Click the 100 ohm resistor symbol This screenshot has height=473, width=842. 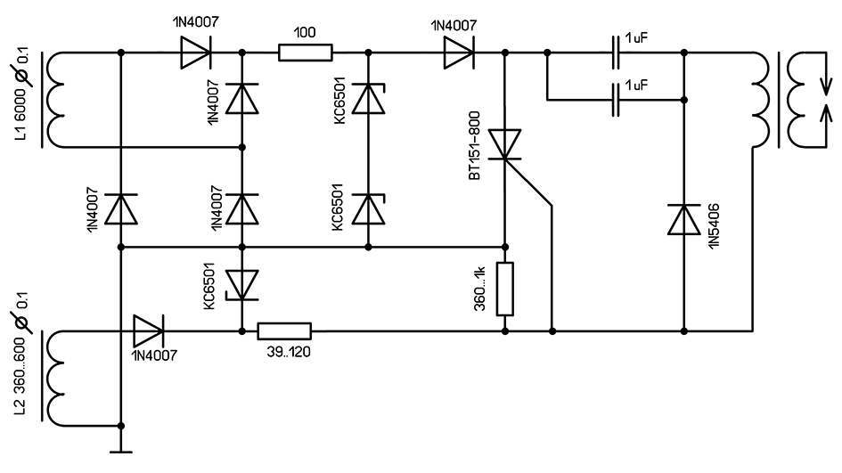306,53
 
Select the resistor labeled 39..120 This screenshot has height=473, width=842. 284,331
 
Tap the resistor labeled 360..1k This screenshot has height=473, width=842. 505,289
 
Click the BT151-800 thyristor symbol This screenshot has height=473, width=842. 505,148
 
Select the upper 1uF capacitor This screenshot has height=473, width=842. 617,53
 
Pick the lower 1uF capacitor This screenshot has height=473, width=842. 617,100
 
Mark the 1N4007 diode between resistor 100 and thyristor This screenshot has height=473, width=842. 458,53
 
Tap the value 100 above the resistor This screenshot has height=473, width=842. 306,31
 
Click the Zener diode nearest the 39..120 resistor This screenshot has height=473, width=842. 241,284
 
